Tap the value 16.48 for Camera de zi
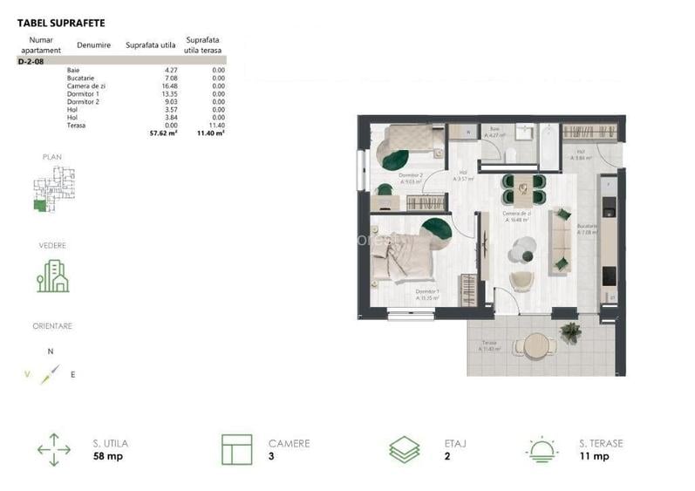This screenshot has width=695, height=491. pos(168,86)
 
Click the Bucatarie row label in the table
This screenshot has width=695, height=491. pos(81,78)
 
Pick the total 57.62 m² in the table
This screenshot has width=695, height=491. pos(163,133)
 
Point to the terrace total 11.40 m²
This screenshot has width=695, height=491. pos(212,133)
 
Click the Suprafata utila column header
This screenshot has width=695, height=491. pos(151,44)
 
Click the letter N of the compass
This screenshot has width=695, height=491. pos(51,351)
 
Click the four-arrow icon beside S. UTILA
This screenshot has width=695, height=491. pos(54,450)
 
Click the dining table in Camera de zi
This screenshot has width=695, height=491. pos(521,185)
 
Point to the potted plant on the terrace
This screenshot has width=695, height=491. pos(571,332)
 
